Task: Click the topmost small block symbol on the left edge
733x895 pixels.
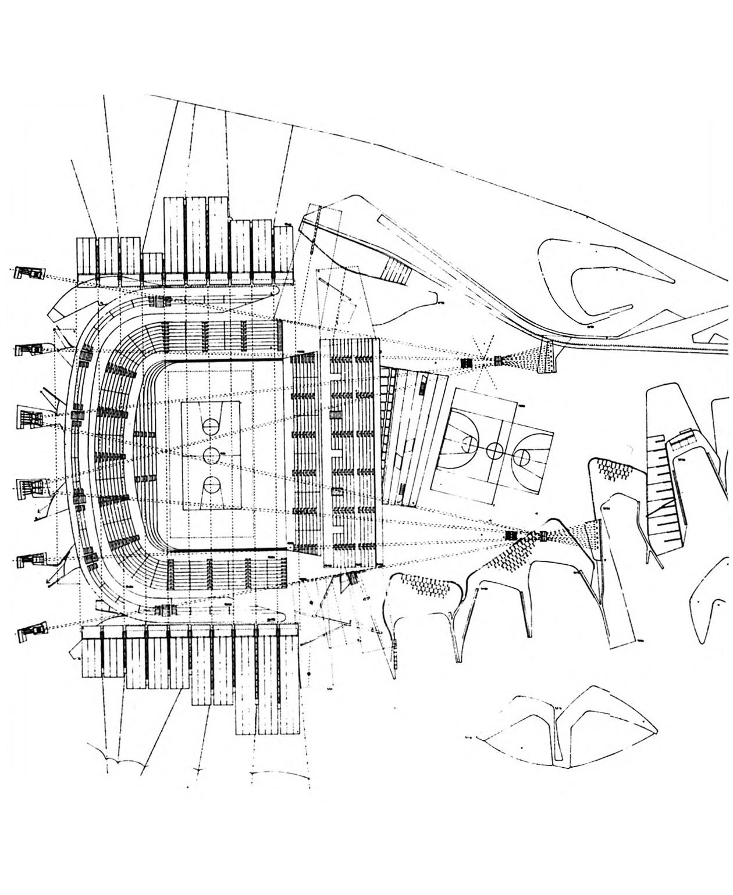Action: pos(29,273)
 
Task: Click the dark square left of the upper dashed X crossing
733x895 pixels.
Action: pos(467,363)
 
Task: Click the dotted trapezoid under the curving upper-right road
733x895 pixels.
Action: pos(547,355)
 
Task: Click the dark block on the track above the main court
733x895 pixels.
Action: pos(159,301)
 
